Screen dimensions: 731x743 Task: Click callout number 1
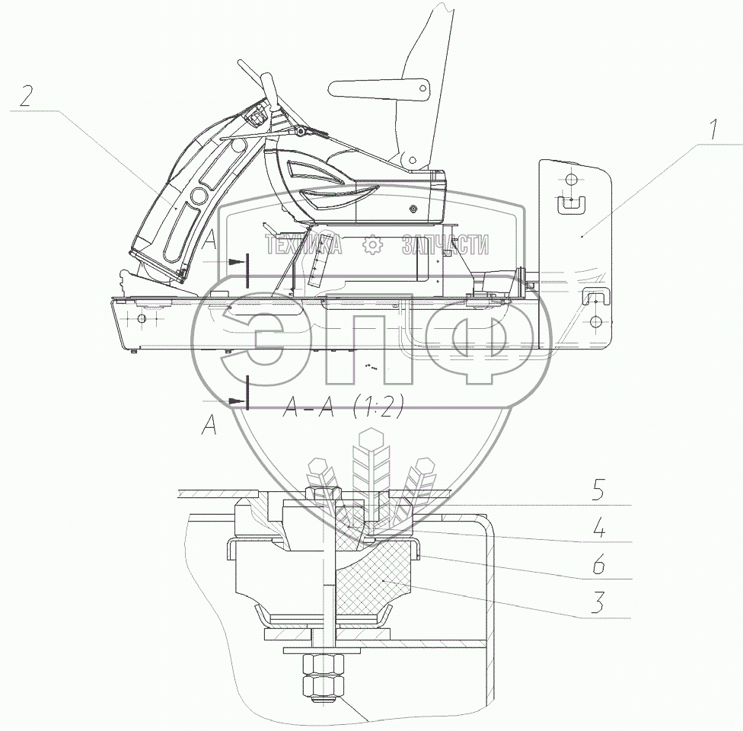[713, 130]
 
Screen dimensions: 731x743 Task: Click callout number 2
[27, 97]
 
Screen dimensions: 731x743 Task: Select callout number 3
[600, 605]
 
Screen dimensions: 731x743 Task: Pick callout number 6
[600, 567]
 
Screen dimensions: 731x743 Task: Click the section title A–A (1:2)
[342, 408]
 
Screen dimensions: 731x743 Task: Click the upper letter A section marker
[211, 241]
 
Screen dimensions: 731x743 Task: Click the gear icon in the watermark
[371, 244]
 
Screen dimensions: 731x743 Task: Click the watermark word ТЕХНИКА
[303, 244]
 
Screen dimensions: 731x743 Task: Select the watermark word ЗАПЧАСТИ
[445, 244]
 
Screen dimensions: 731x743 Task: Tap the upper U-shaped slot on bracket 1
[569, 204]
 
